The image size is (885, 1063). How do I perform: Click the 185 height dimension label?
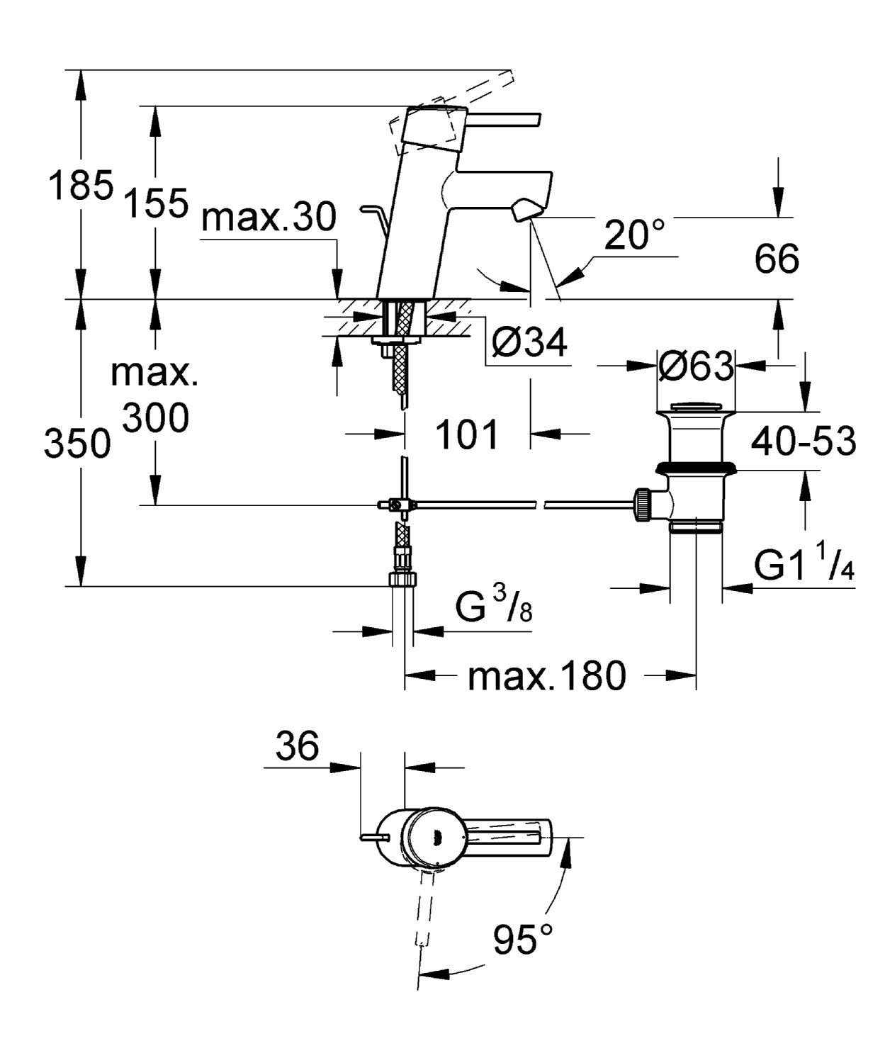(81, 186)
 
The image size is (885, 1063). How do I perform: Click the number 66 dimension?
(777, 259)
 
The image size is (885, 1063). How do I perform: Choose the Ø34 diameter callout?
(530, 344)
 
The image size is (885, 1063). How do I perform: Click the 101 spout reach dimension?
(466, 434)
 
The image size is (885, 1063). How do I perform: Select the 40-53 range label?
(804, 441)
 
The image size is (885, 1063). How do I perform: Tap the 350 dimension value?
(77, 445)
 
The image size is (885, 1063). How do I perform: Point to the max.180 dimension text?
(546, 675)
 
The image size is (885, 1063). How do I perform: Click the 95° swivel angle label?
(524, 940)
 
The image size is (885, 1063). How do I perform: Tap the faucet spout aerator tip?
(527, 210)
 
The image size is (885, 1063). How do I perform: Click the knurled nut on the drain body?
(643, 505)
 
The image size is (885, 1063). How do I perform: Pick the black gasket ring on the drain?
(697, 467)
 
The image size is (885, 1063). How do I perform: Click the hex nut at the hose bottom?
(403, 579)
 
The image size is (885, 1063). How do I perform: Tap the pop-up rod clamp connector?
(398, 505)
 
